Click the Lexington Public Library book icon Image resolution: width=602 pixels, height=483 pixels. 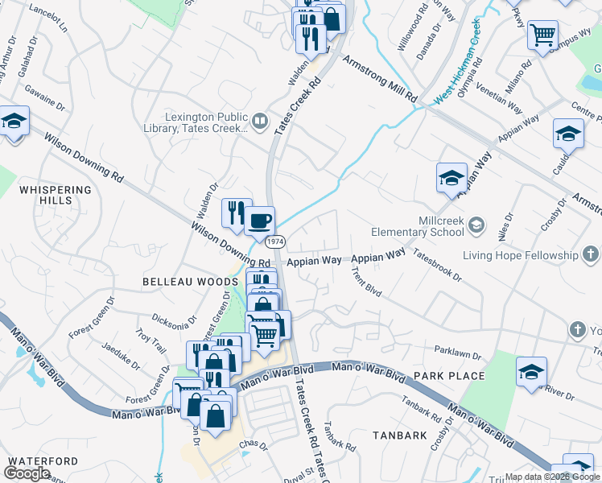click(x=259, y=122)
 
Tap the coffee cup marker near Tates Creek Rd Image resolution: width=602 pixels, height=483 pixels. click(x=259, y=221)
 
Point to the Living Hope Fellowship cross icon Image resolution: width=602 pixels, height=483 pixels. click(x=591, y=256)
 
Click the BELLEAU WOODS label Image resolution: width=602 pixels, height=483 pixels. click(x=179, y=282)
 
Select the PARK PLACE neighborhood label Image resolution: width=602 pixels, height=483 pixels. click(x=449, y=376)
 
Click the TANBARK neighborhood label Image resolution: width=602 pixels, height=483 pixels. click(x=399, y=436)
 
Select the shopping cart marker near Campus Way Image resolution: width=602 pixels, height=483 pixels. click(x=543, y=35)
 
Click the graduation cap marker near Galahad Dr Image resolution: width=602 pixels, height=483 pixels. click(x=14, y=123)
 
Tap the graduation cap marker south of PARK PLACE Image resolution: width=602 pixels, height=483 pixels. click(x=531, y=372)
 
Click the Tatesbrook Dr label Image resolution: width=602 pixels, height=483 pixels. click(x=437, y=264)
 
